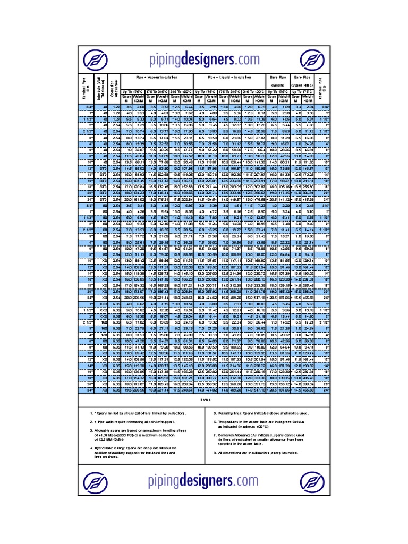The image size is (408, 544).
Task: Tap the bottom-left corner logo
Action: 98,482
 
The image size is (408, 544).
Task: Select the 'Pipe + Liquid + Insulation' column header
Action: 229,78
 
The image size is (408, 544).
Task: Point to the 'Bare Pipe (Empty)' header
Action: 278,81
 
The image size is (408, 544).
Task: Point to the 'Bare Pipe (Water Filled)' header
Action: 302,81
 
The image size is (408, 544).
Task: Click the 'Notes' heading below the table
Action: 205,400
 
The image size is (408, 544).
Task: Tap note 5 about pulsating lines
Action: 260,413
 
